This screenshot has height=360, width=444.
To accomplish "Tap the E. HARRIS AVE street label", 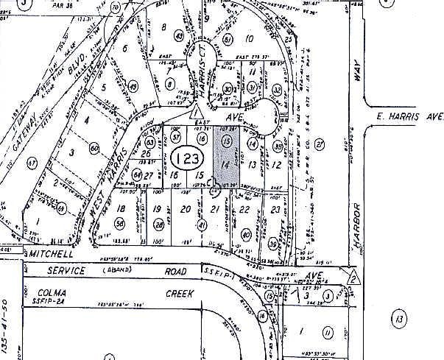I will (409, 116).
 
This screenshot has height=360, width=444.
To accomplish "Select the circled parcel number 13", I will (399, 319).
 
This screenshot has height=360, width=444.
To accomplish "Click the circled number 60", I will (94, 147).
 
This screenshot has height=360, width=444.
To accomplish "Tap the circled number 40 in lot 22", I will (245, 236).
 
